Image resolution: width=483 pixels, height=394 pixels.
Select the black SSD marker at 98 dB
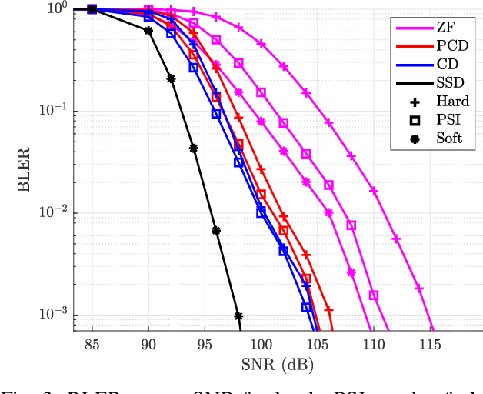pyautogui.click(x=238, y=316)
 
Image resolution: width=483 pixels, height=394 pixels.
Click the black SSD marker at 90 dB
pyautogui.click(x=148, y=31)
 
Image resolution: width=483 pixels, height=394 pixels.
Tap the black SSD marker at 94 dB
pyautogui.click(x=194, y=149)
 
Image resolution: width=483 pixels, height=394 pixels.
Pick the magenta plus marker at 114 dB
pyautogui.click(x=419, y=289)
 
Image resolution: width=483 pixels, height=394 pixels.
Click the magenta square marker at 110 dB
pyautogui.click(x=374, y=295)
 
